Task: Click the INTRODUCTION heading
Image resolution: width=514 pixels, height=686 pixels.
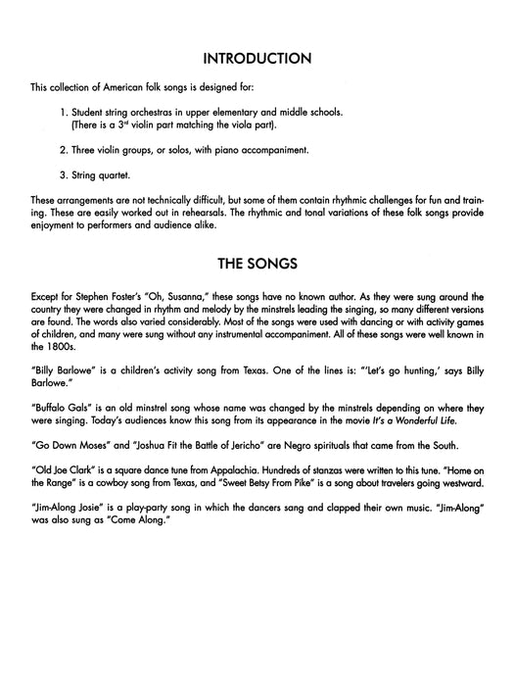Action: coord(257,58)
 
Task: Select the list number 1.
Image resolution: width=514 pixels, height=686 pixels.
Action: coord(62,111)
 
